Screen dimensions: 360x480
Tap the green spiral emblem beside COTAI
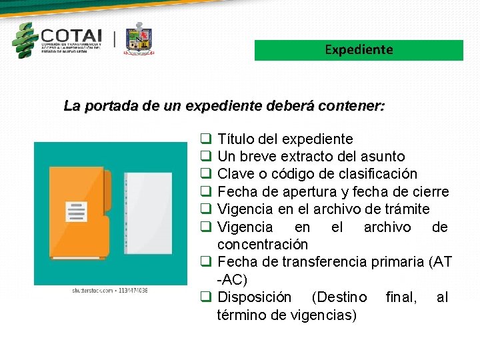pos(25,40)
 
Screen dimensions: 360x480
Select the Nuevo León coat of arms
pos(139,38)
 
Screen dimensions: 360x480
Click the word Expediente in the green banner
pos(359,50)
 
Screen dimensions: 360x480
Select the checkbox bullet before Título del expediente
pos(206,139)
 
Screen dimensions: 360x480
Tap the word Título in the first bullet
pos(233,139)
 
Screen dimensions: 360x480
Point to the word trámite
pos(407,209)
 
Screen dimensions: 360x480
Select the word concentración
pos(263,245)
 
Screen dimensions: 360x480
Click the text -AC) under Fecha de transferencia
pos(232,280)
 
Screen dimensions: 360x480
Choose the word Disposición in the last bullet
pos(255,297)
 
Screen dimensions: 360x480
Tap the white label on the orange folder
pos(76,212)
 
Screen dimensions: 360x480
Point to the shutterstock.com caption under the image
pos(110,291)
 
